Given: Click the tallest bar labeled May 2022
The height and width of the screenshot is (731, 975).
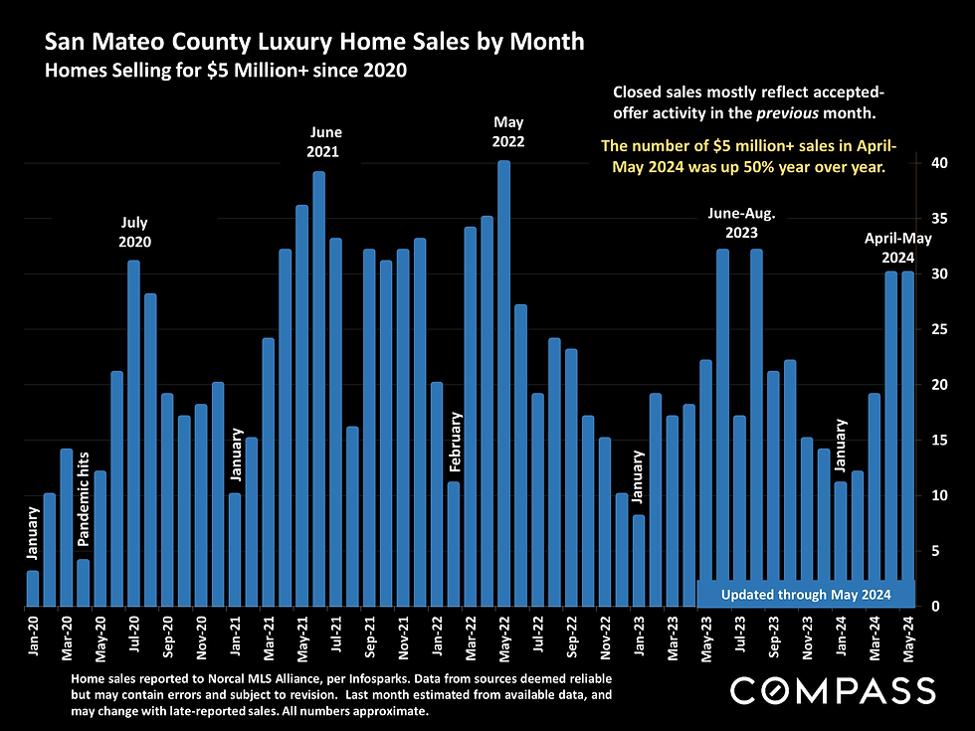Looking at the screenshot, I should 503,383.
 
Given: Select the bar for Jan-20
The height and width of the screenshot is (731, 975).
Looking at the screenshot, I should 33,588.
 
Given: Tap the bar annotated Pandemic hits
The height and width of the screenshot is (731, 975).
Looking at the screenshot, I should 84,583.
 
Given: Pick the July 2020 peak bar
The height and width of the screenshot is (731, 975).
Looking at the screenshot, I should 133,433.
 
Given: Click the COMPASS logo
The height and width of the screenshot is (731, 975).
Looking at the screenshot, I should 833,689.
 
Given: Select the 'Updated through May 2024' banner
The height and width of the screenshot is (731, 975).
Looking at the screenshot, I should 805,594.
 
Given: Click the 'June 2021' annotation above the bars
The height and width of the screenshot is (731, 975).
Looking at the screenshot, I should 323,142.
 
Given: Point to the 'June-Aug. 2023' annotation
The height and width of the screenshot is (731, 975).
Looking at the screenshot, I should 741,223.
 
